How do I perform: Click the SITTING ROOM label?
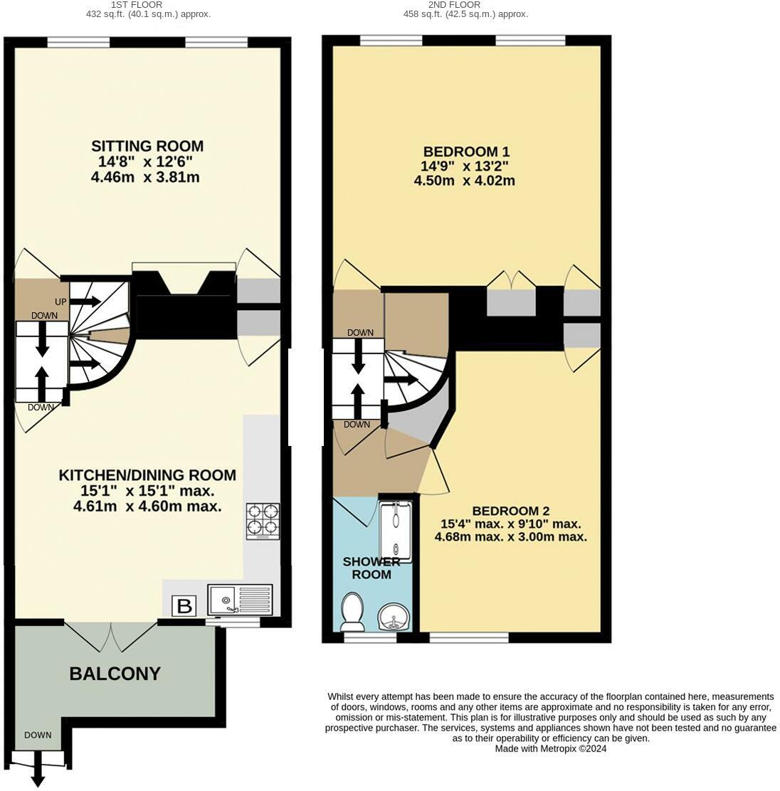pyautogui.click(x=147, y=146)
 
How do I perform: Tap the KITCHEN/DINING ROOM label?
pyautogui.click(x=147, y=475)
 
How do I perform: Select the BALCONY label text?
pyautogui.click(x=115, y=674)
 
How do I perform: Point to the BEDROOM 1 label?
pyautogui.click(x=466, y=152)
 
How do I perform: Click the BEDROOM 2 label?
pyautogui.click(x=510, y=511)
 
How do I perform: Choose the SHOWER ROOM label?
pyautogui.click(x=371, y=568)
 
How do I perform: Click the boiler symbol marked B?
pyautogui.click(x=184, y=606)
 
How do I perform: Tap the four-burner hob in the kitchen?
pyautogui.click(x=263, y=520)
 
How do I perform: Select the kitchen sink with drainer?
pyautogui.click(x=241, y=600)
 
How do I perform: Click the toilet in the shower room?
pyautogui.click(x=352, y=612)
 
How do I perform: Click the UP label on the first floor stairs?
pyautogui.click(x=60, y=302)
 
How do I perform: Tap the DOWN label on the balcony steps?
pyautogui.click(x=37, y=735)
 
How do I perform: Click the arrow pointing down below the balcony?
pyautogui.click(x=38, y=777)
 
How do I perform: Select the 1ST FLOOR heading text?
pyautogui.click(x=147, y=4)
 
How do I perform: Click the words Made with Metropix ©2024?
pyautogui.click(x=551, y=748)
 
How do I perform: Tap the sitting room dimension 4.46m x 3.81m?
pyautogui.click(x=145, y=177)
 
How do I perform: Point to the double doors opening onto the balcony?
pyautogui.click(x=110, y=636)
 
